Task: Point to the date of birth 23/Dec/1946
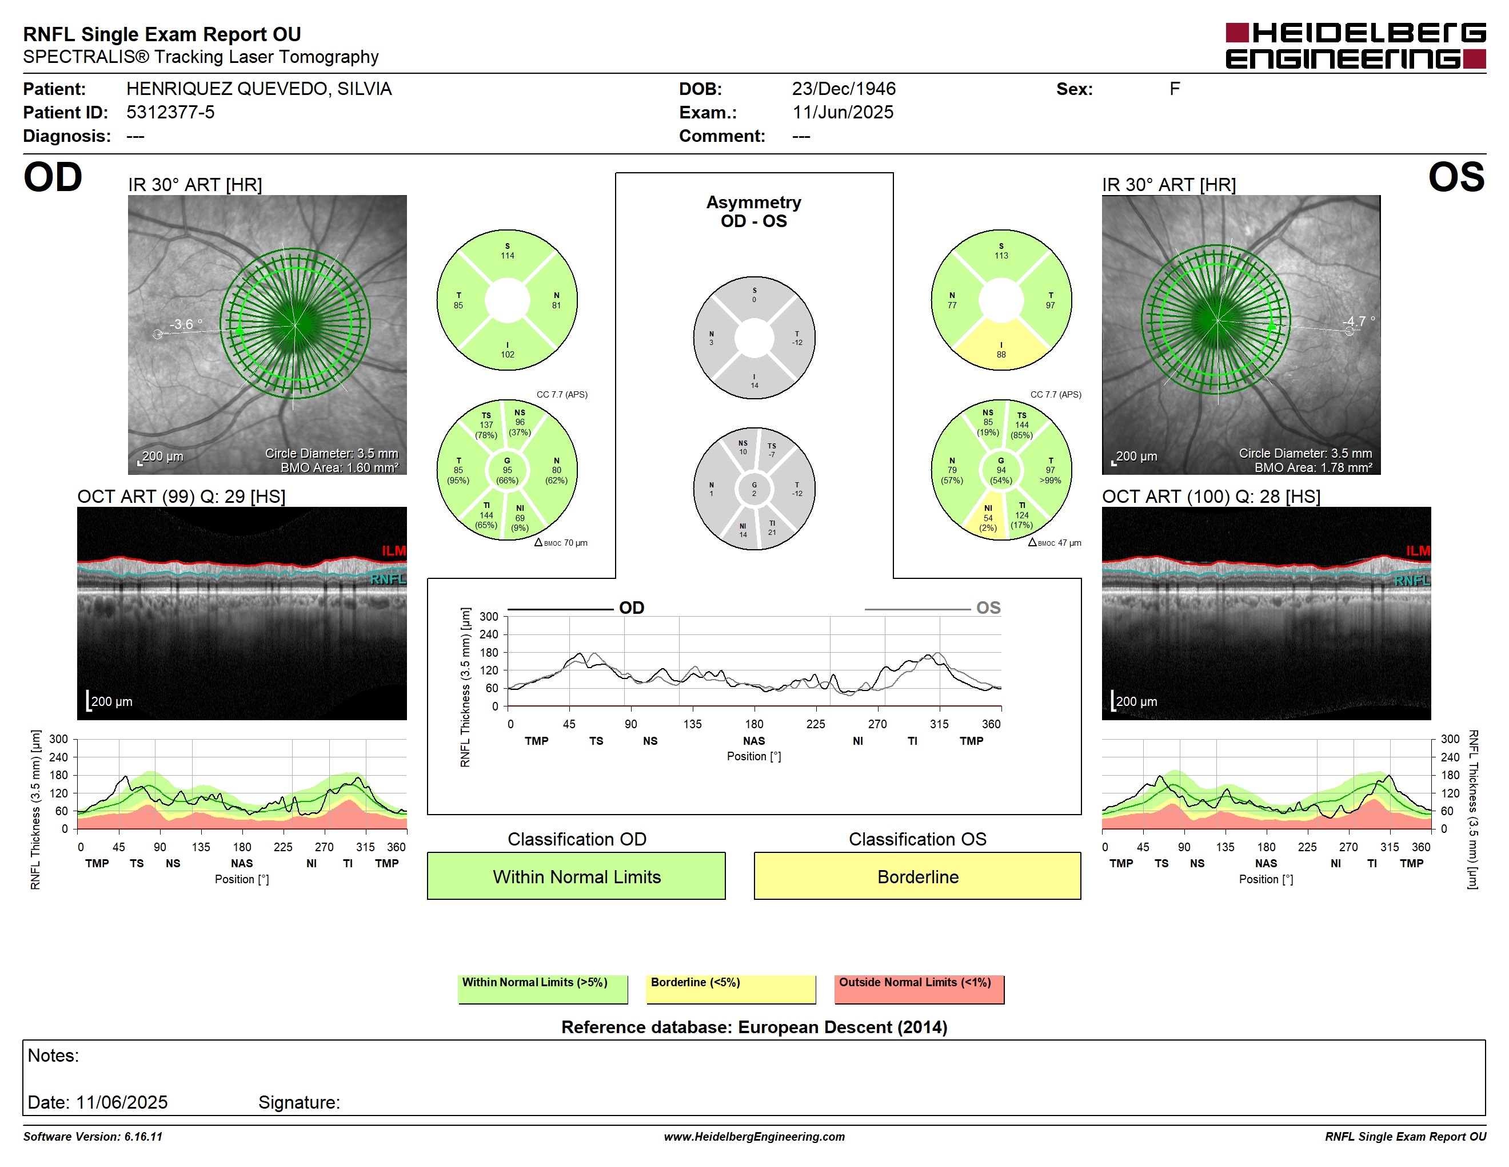click(x=843, y=89)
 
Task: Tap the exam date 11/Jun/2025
click(x=843, y=112)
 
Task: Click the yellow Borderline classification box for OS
click(x=917, y=876)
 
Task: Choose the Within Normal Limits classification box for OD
click(x=576, y=876)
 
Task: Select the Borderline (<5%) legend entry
click(x=730, y=989)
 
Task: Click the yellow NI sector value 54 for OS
click(x=988, y=518)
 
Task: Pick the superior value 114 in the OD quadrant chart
click(x=507, y=256)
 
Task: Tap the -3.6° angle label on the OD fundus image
click(x=186, y=324)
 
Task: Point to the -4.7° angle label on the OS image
click(x=1358, y=321)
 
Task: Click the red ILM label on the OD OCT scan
click(x=394, y=550)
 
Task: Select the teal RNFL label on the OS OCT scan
click(x=1412, y=581)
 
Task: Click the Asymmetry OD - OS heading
click(x=754, y=212)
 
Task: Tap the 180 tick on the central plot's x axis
click(x=754, y=724)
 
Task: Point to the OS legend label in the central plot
click(x=988, y=608)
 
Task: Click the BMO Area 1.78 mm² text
click(x=1314, y=467)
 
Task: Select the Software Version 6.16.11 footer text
click(x=93, y=1137)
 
